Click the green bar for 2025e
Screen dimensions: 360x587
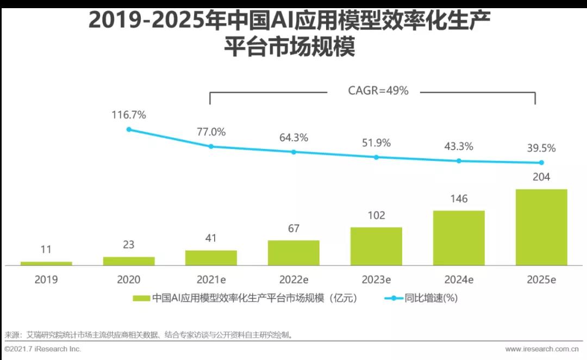point(541,227)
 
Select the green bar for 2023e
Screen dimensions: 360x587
point(376,246)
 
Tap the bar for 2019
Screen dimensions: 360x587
point(46,263)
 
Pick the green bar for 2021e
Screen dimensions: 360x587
point(211,258)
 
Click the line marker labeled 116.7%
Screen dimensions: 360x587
point(129,129)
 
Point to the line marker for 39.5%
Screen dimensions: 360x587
point(541,163)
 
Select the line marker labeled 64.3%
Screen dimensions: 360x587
point(293,152)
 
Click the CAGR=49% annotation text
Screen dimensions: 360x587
point(378,91)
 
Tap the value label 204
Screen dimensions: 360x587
point(541,177)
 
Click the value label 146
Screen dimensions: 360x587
point(459,198)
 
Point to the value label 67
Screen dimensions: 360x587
point(293,228)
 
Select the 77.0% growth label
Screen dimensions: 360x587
point(211,132)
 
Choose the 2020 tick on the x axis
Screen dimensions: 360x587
point(129,280)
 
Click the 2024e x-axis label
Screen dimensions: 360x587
point(459,280)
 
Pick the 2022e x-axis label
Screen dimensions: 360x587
point(293,280)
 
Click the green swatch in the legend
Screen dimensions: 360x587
point(141,298)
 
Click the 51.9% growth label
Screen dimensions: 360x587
point(376,143)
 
